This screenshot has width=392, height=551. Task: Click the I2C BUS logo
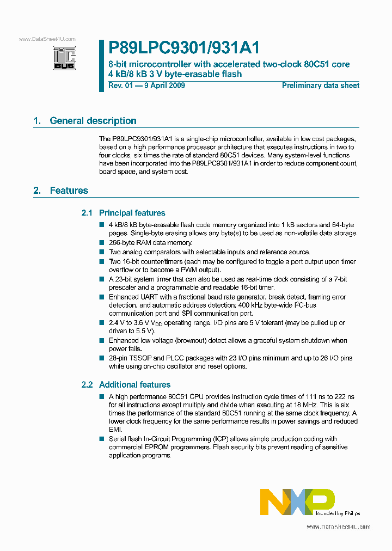(x=64, y=58)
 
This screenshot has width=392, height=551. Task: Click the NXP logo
(x=297, y=501)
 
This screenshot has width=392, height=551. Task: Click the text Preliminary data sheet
(x=321, y=85)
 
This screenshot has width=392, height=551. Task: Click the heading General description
(x=93, y=121)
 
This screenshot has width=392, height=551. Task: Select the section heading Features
(x=69, y=191)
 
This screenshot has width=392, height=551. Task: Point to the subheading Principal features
(x=132, y=213)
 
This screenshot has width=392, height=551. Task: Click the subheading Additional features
(x=135, y=384)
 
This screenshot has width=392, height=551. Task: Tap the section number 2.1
(x=87, y=213)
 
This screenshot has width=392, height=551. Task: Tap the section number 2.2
(x=87, y=384)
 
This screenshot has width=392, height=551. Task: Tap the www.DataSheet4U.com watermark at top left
(x=47, y=39)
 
